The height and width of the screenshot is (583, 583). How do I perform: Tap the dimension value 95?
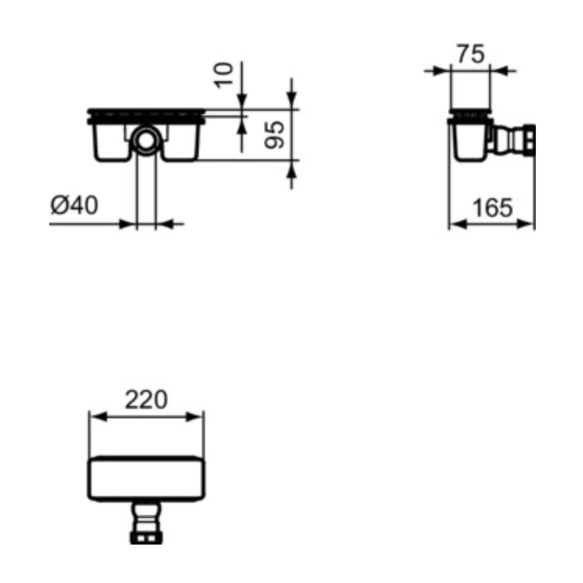[x=274, y=135]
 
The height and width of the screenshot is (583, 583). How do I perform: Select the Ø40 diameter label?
[x=74, y=205]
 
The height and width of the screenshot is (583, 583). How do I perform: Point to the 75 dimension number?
[x=471, y=54]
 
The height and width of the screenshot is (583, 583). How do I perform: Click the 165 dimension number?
[x=493, y=208]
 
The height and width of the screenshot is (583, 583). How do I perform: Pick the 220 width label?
[x=146, y=399]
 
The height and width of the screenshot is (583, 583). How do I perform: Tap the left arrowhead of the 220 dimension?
[x=98, y=417]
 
